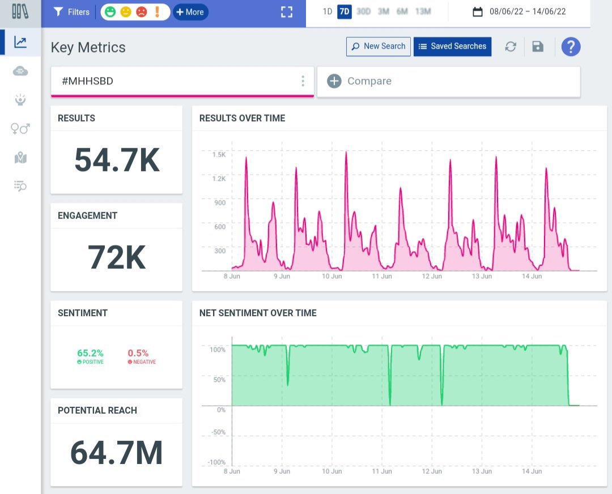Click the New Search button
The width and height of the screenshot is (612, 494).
point(378,46)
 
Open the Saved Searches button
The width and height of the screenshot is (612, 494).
point(452,46)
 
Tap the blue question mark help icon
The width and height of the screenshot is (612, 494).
point(571,47)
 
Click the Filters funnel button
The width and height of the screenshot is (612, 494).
point(71,12)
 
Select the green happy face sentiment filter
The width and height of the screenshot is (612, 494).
point(110,12)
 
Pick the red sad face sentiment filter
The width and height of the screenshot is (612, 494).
point(142,12)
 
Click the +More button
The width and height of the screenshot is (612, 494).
point(190,12)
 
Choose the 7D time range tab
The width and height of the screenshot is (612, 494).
point(345,11)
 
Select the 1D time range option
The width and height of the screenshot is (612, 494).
point(327,11)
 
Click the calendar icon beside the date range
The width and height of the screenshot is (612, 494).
point(477,12)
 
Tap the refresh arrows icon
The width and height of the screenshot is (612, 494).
point(511,47)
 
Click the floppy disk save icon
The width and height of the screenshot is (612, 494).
point(537,47)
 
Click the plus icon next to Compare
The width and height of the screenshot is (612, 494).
point(334,81)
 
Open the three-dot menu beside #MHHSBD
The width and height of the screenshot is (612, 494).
point(303,81)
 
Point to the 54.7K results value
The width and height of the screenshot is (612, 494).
point(117,160)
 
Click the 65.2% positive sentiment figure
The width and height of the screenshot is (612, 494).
point(90,353)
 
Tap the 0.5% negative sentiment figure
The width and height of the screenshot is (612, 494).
point(138,353)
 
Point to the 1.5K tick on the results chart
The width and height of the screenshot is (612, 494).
point(219,155)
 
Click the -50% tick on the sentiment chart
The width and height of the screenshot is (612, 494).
point(219,432)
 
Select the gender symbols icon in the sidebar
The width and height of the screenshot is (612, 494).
point(20,129)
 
